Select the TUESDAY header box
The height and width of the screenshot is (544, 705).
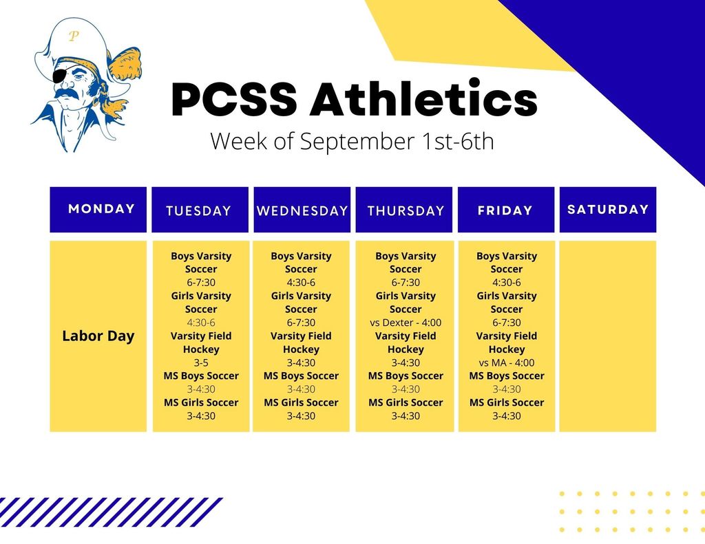(x=198, y=210)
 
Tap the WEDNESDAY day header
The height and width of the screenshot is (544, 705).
(x=302, y=210)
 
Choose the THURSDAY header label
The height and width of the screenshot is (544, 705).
(x=406, y=210)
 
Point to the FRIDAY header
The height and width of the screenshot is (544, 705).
(x=505, y=210)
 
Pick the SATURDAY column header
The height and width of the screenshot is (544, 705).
(x=608, y=209)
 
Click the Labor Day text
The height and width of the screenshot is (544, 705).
(x=98, y=336)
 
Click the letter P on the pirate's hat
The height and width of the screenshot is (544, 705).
(x=73, y=36)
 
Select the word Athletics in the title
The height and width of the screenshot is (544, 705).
(x=423, y=100)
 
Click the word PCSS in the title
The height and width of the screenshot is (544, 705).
(x=234, y=100)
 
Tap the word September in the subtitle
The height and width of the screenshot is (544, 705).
(x=357, y=142)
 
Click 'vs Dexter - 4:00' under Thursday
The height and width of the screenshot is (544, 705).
(x=406, y=323)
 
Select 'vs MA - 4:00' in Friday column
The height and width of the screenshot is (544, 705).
(x=507, y=362)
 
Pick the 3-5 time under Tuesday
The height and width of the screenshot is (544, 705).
(x=201, y=362)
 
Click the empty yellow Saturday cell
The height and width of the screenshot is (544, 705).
(x=608, y=336)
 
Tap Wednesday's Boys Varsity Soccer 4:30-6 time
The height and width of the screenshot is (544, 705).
(x=301, y=283)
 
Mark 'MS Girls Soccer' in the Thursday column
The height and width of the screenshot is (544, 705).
(x=406, y=402)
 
